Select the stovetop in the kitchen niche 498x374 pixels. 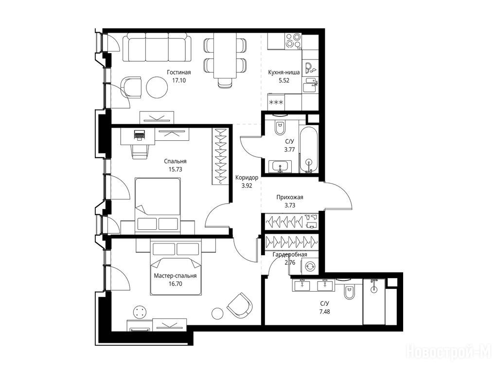point(293,41)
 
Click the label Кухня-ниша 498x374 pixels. point(284,73)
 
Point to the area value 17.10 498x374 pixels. point(179,80)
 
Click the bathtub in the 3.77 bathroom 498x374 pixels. point(308,150)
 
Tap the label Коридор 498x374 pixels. point(247,178)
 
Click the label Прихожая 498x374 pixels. point(290,197)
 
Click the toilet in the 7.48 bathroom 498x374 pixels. point(349,292)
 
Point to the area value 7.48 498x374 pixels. point(324,312)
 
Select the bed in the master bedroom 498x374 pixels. point(176,268)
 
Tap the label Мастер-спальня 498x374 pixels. point(175,276)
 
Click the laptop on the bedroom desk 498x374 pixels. point(139,134)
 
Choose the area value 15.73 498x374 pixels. point(175,169)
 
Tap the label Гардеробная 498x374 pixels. point(290,254)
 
